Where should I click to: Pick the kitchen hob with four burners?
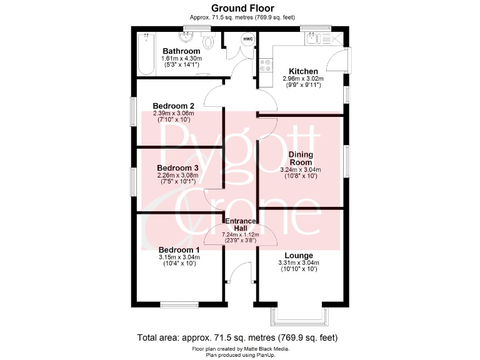[x=264, y=64]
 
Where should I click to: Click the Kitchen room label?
[x=302, y=71]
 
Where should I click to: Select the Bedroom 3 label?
[x=177, y=168]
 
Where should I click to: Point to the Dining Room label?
[x=301, y=158]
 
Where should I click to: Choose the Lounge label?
[x=299, y=256]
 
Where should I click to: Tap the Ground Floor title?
[x=239, y=7]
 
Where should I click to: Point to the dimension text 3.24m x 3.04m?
[x=301, y=170]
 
